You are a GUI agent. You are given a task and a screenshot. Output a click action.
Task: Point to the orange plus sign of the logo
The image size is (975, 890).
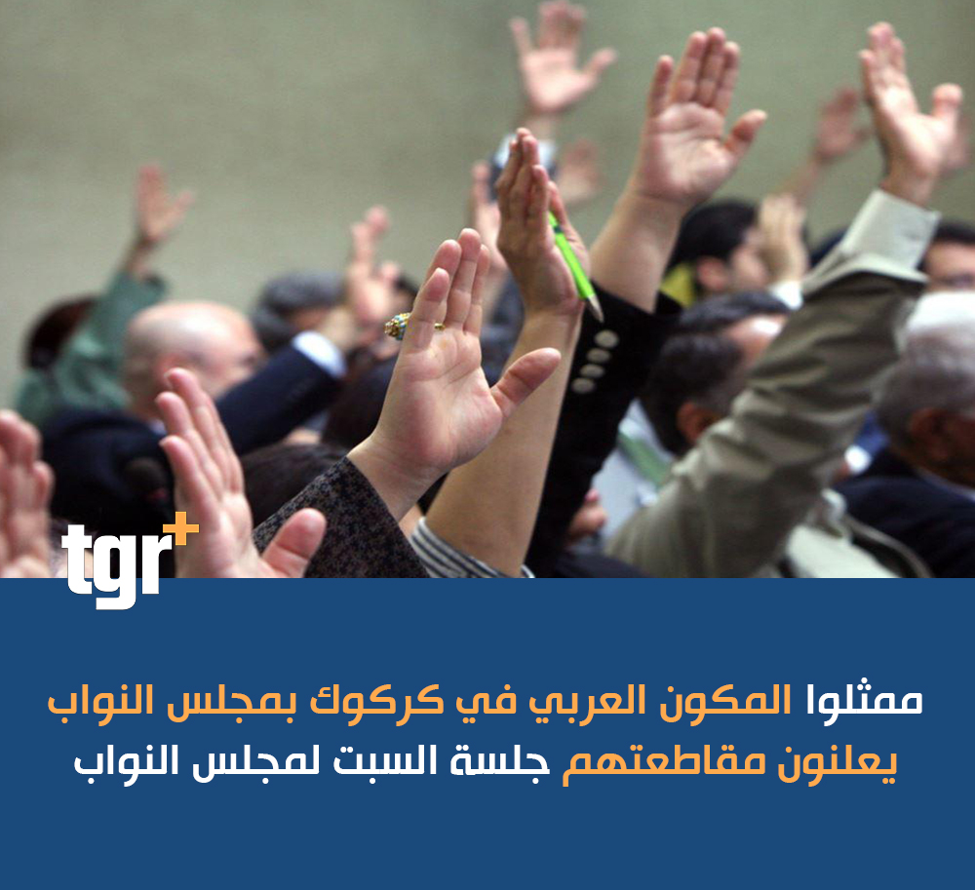[x=181, y=529]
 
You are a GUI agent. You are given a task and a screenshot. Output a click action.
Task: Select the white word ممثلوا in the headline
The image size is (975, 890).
[x=864, y=701]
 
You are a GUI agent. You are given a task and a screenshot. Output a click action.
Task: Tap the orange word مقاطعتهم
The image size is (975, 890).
[x=663, y=762]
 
